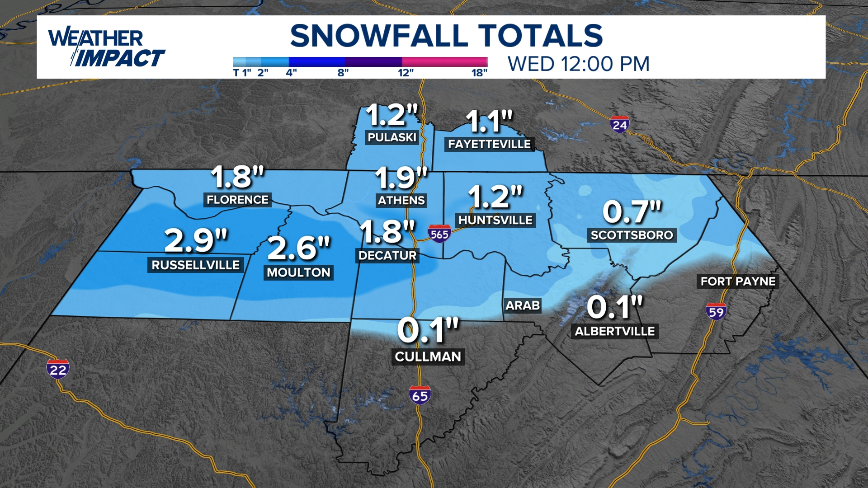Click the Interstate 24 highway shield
619,124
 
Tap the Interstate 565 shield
439,234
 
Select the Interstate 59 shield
716,311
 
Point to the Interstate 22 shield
58,370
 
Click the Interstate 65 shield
420,395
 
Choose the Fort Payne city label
738,282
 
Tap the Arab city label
523,305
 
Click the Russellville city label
195,265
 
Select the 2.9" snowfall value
196,240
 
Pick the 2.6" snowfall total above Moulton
299,248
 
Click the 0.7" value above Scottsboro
632,211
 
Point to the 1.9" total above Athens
401,178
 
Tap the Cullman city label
428,357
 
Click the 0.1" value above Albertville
614,307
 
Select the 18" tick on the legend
479,73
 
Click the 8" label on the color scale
343,73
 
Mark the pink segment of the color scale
444,62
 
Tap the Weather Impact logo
107,47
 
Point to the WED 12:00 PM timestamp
579,64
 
